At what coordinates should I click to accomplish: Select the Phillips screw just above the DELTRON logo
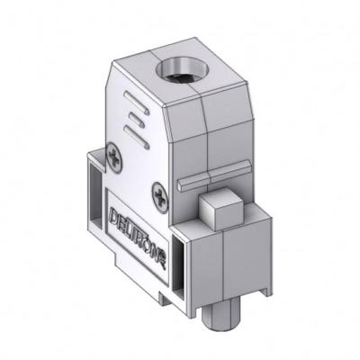(x=160, y=191)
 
